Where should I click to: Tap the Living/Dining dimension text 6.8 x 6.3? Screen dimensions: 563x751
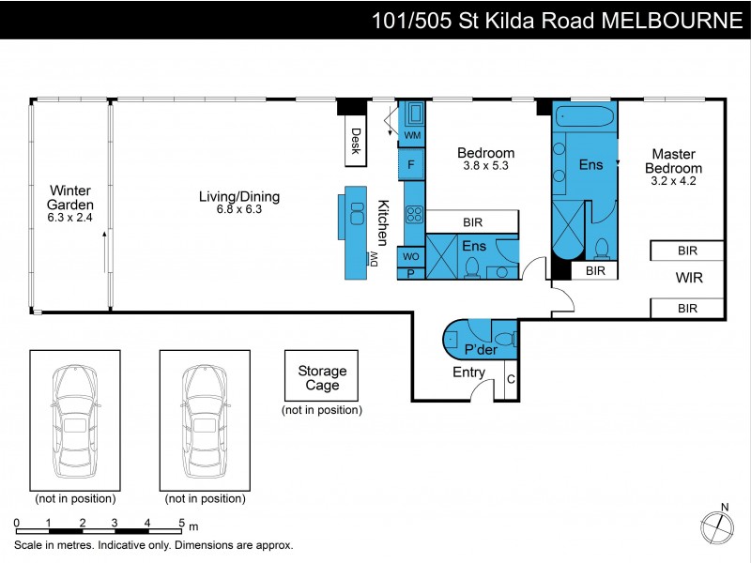point(238,210)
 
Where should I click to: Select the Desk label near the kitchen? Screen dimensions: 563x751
point(356,141)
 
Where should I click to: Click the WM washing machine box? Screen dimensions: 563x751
point(412,136)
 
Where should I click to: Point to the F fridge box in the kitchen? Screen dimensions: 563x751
point(411,165)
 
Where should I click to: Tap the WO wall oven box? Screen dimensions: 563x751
point(410,256)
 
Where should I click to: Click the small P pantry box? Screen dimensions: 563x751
point(410,273)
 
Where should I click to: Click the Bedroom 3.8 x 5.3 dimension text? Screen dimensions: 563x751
point(485,167)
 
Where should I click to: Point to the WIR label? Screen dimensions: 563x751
point(688,279)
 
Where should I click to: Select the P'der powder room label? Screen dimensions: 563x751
point(480,350)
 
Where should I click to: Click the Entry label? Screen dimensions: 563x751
point(468,373)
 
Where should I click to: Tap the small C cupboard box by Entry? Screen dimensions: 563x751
point(511,380)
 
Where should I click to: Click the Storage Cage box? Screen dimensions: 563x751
point(322,378)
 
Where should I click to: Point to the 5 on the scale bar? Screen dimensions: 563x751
point(179,523)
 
